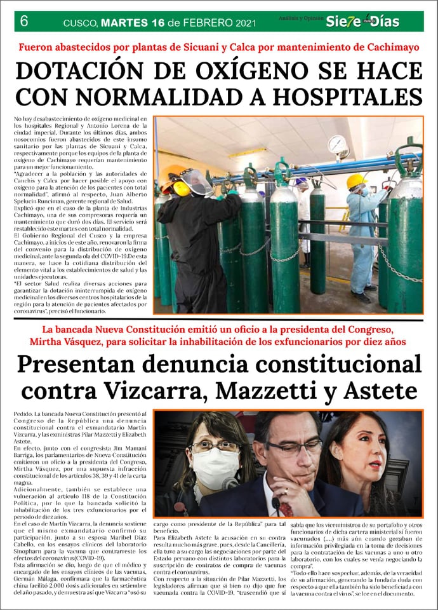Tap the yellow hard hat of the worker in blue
pyautogui.click(x=356, y=181)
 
